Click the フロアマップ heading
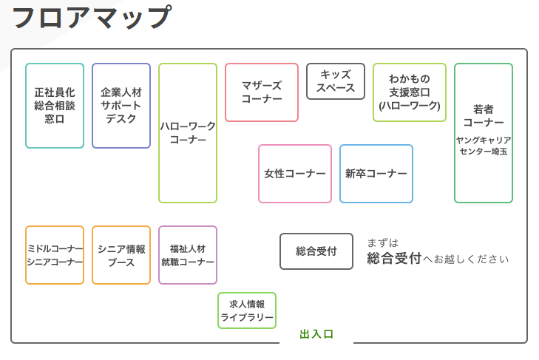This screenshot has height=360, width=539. point(92,17)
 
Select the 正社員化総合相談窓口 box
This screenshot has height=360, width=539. point(55,106)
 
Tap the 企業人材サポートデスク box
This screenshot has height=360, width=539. point(121,106)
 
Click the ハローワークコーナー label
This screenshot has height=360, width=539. point(188,133)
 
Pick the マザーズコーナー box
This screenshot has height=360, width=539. point(262,92)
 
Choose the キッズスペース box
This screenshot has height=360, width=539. point(336,81)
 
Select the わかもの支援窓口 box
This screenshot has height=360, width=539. point(410,92)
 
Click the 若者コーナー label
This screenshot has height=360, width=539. point(484,115)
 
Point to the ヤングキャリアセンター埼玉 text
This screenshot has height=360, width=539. point(484,146)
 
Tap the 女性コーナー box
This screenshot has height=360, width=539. point(295,174)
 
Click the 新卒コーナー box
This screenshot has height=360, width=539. point(376,174)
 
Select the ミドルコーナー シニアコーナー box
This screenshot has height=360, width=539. point(55,255)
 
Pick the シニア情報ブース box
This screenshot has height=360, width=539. point(121,255)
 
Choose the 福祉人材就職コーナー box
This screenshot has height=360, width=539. point(188,255)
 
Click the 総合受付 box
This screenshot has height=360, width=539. point(316,251)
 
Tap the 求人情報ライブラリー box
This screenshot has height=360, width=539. point(247,310)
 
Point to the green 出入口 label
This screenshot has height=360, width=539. point(316,334)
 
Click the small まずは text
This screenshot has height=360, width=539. point(382,243)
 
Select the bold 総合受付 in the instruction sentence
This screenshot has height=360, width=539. point(394,258)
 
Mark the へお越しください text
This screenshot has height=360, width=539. point(466,259)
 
